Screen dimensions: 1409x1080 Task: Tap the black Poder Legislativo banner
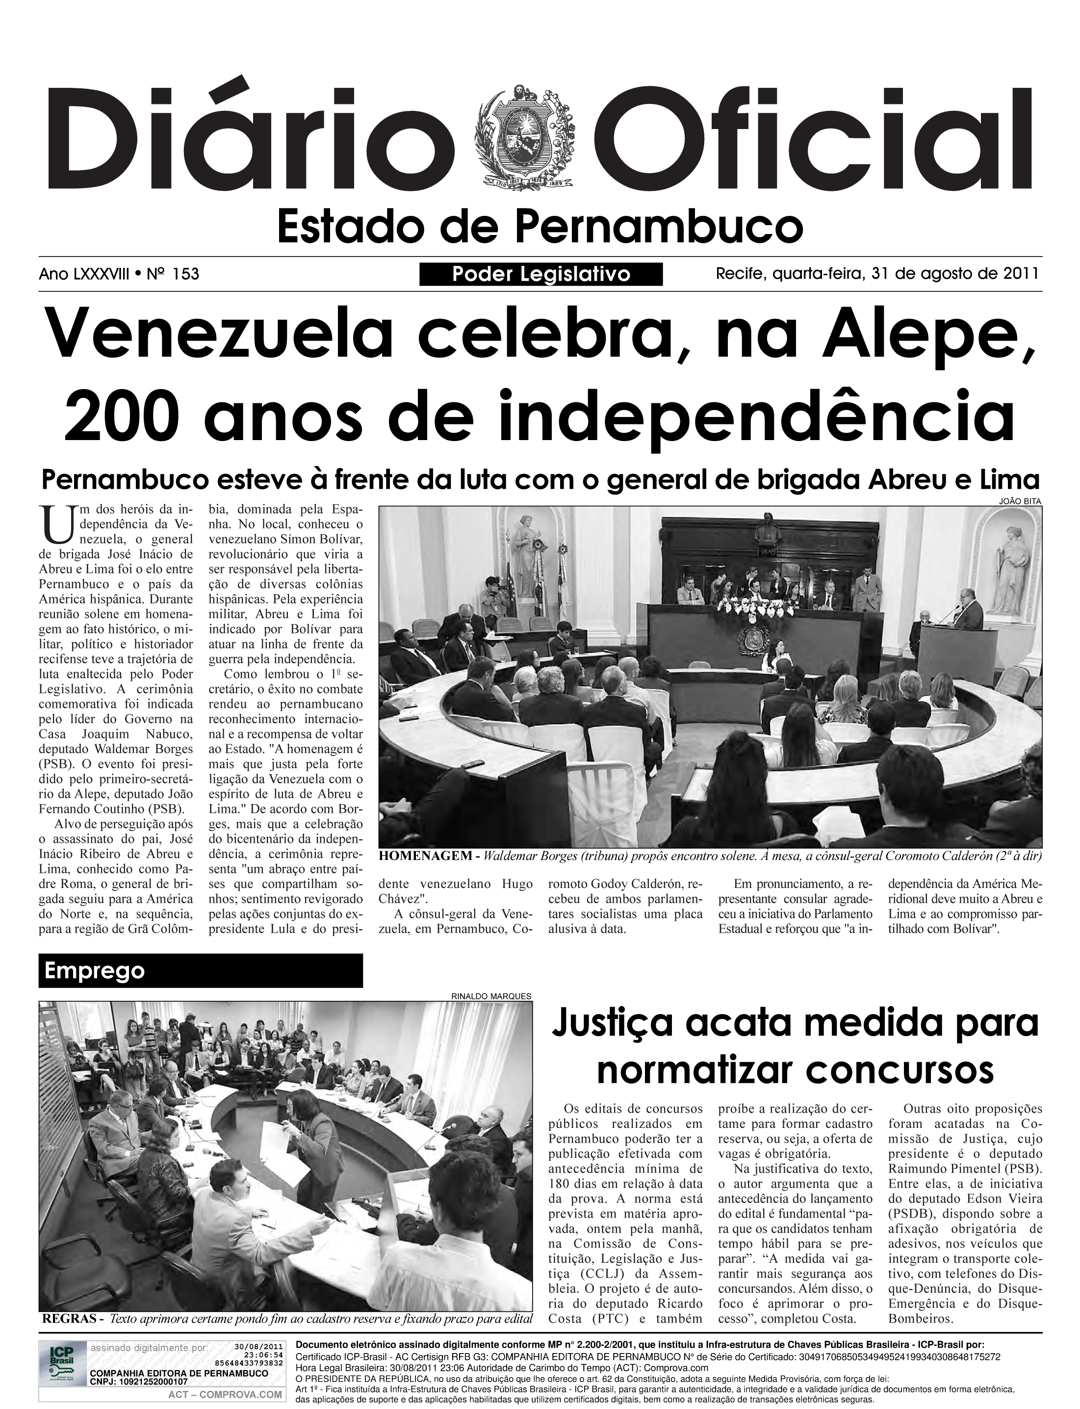[x=540, y=275]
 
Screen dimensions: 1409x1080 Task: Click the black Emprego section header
[x=201, y=970]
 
